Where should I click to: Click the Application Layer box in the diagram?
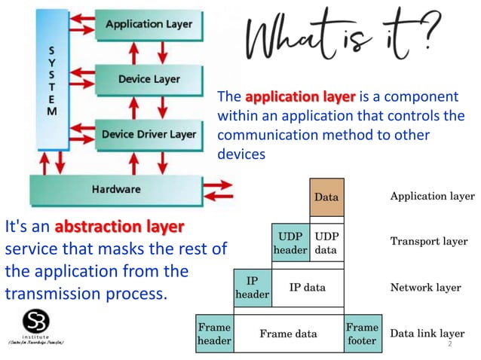[x=149, y=25]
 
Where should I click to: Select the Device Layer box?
[x=149, y=79]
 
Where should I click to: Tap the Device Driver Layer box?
[x=149, y=135]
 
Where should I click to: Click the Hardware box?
[x=116, y=189]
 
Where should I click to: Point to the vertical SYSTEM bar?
[x=51, y=79]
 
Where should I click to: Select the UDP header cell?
[x=290, y=242]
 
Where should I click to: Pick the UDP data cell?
[x=326, y=242]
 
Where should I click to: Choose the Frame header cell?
[x=214, y=334]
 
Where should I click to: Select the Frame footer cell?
[x=361, y=334]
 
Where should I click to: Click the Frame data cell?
[x=288, y=334]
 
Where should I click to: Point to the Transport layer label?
[x=428, y=242]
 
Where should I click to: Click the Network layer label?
[x=425, y=288]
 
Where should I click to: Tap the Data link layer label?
[x=427, y=334]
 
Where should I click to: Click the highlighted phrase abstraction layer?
[x=119, y=226]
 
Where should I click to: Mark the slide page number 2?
[x=449, y=343]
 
